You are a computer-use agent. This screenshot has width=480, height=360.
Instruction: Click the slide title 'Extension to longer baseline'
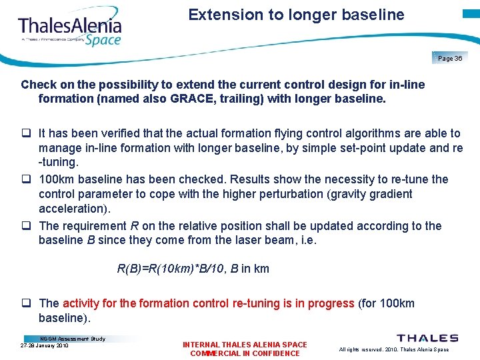click(x=296, y=15)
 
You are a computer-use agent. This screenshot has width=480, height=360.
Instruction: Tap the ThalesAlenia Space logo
click(x=70, y=31)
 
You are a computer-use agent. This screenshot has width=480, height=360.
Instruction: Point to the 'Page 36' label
click(x=451, y=59)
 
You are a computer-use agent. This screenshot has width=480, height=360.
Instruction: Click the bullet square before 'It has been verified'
click(x=26, y=134)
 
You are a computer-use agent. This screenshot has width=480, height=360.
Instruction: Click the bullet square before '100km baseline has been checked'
click(x=26, y=180)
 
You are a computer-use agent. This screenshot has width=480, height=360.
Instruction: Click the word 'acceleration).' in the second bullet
click(x=73, y=209)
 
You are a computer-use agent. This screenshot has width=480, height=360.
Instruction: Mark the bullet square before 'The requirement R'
click(x=26, y=227)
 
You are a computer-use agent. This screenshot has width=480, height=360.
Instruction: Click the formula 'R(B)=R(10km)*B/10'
click(x=171, y=269)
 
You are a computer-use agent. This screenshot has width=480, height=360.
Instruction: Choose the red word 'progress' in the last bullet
click(x=332, y=303)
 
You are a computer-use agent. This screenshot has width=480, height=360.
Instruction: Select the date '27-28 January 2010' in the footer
click(x=45, y=345)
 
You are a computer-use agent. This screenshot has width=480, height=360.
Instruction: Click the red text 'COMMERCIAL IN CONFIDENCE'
click(x=245, y=353)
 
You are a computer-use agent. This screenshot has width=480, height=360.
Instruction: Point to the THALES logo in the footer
click(x=427, y=339)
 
